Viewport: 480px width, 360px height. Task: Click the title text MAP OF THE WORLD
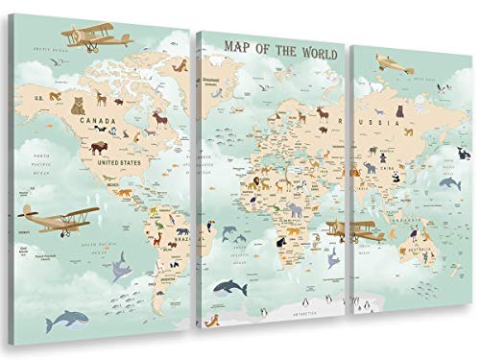point(272,44)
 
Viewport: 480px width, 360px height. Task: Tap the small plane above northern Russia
point(395,63)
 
